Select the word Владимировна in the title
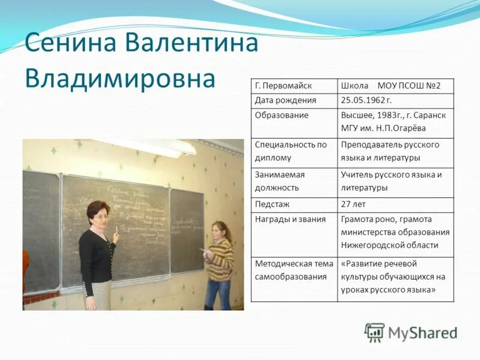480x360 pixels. [120, 78]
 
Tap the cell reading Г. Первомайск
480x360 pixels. [283, 86]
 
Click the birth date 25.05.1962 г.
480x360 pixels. [366, 100]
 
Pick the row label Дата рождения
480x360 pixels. [285, 100]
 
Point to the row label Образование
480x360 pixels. [281, 115]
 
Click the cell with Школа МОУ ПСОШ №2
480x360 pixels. [391, 86]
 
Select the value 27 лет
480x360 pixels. [354, 205]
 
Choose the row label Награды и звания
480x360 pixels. [290, 220]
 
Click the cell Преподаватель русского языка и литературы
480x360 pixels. [390, 152]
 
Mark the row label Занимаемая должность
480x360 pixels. [280, 181]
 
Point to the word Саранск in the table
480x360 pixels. [431, 115]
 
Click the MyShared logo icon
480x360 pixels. [374, 332]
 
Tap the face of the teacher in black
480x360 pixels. [98, 214]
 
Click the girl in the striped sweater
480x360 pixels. [219, 261]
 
